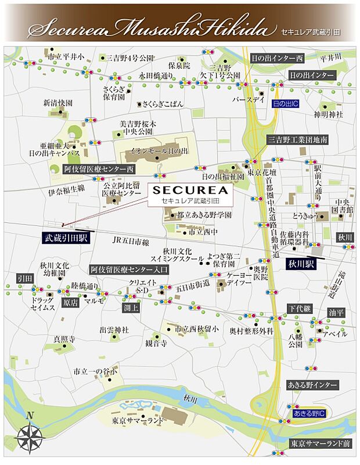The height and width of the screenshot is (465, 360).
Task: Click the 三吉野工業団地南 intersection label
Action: pos(298,140)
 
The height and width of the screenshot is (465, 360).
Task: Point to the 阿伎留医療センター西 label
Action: pos(98,169)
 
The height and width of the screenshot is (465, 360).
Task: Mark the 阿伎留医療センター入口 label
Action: pos(129,270)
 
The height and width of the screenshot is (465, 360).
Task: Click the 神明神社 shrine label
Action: pos(329,114)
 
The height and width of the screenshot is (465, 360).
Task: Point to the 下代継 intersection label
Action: pos(302,308)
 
